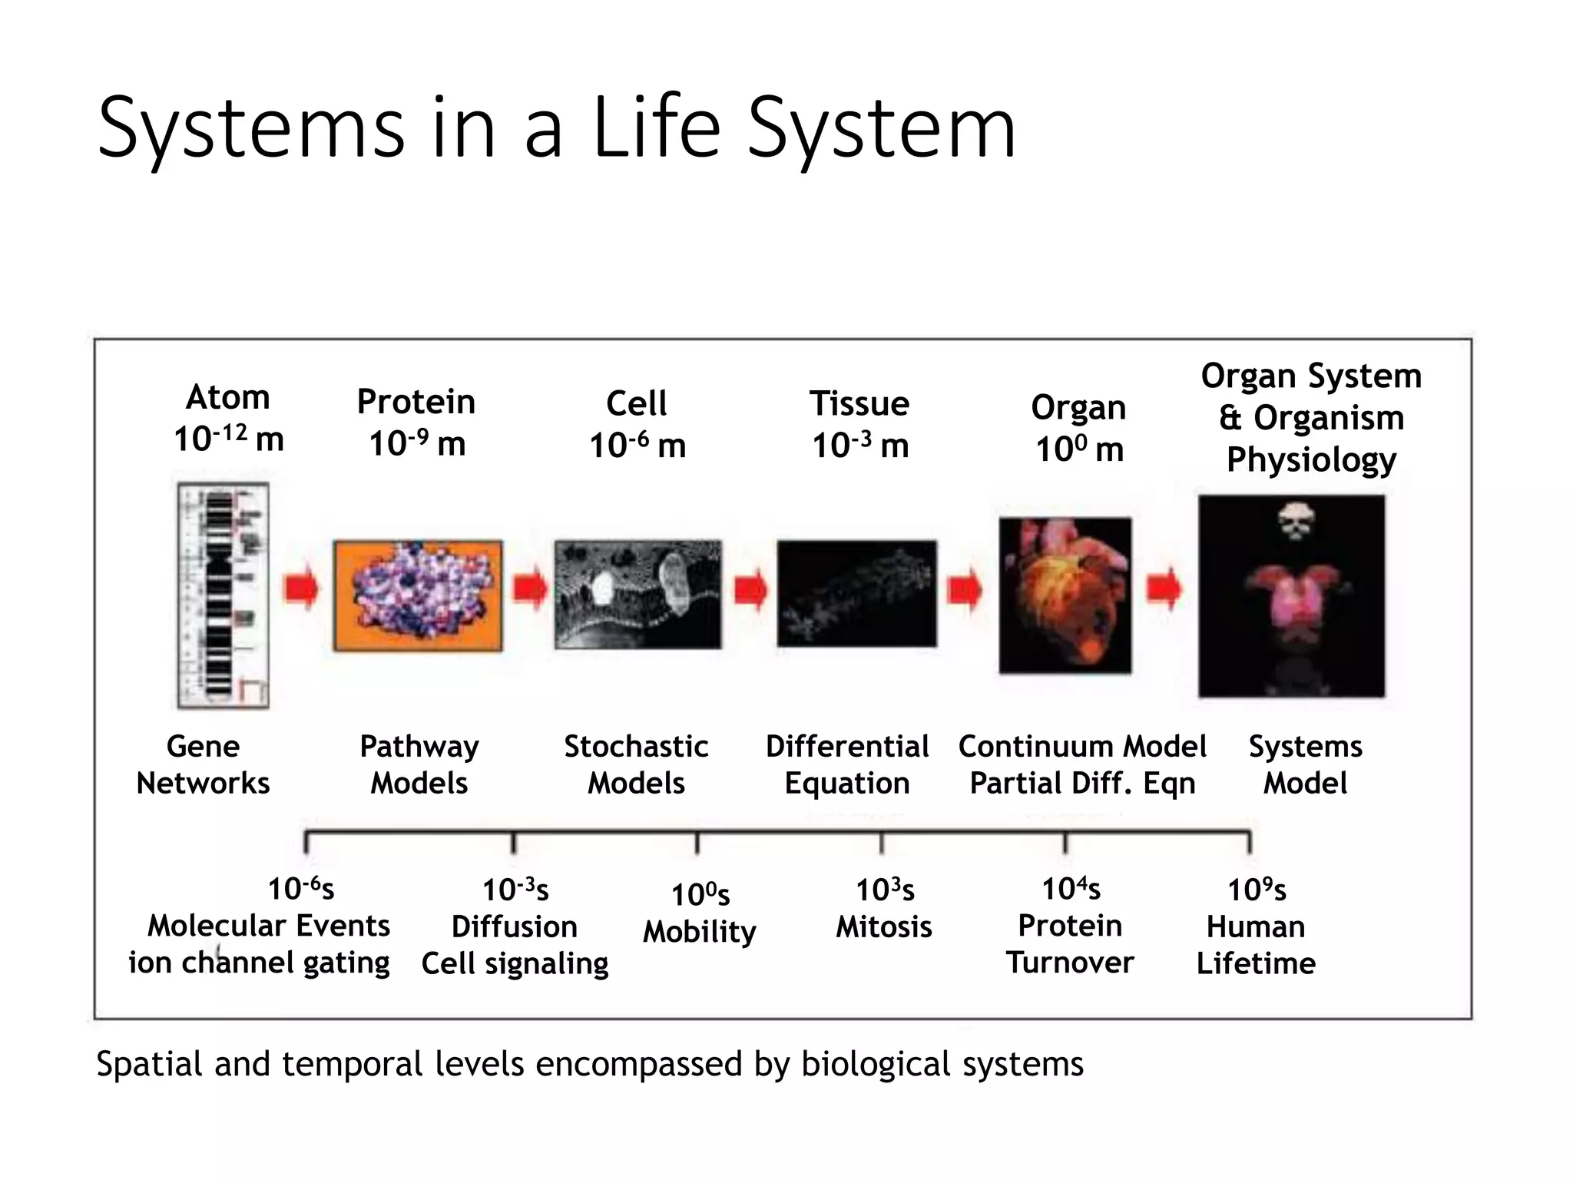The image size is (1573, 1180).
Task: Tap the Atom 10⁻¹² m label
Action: point(229,419)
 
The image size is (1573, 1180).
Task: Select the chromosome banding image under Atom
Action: point(223,595)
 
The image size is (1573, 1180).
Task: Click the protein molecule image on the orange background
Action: point(418,595)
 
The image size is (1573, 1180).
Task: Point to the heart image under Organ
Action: point(1065,595)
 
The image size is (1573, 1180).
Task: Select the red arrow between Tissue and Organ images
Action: point(965,590)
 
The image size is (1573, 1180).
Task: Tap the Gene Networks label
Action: point(203,764)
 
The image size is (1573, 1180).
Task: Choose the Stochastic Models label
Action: point(636,764)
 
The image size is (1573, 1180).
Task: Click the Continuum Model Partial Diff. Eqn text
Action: point(1082,764)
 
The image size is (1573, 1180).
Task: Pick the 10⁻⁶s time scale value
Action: point(301,889)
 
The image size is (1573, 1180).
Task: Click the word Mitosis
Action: point(883,927)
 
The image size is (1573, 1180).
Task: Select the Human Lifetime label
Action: point(1256,945)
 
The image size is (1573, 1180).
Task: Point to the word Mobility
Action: point(699,932)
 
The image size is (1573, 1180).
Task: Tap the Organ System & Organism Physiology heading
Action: point(1311,418)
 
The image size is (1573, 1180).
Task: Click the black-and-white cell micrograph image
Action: point(637,595)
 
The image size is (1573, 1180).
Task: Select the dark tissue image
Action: point(856,594)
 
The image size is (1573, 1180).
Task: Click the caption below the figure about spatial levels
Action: point(589,1065)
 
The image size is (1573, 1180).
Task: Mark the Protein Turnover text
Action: point(1070,944)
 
